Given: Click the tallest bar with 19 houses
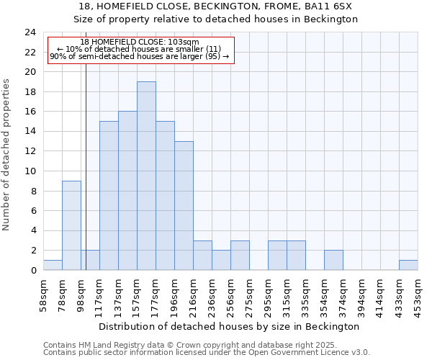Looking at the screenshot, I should coord(146,176).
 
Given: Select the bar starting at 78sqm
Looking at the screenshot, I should coord(71,225).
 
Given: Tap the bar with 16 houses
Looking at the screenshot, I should coord(127,191).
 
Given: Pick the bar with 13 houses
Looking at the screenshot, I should coord(184,205).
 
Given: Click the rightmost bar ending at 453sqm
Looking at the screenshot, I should coord(408,265).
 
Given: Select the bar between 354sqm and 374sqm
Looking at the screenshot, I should coord(333,260).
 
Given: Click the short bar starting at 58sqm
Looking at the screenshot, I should coord(53,265).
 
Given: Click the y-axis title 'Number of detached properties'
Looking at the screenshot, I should coord(6,156).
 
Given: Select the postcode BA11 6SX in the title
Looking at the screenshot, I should coord(333,6).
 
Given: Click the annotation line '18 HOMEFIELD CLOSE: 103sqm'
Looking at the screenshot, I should coord(140,42).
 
